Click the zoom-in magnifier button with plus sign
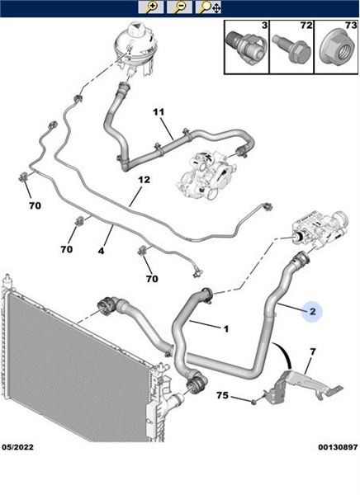point(151,7)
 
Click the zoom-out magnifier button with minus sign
point(179,7)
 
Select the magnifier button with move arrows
point(208,7)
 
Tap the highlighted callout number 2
point(313,312)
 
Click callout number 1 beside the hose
point(225,329)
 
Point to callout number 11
point(159,111)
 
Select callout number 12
point(144,180)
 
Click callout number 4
point(101,251)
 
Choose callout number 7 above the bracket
point(313,351)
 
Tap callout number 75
point(222,395)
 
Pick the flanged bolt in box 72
point(290,49)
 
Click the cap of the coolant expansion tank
point(136,30)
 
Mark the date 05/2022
point(17,447)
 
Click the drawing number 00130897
point(338,447)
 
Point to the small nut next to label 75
point(253,403)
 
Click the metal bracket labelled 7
point(302,387)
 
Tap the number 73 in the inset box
point(351,26)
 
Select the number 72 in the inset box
point(306,26)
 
